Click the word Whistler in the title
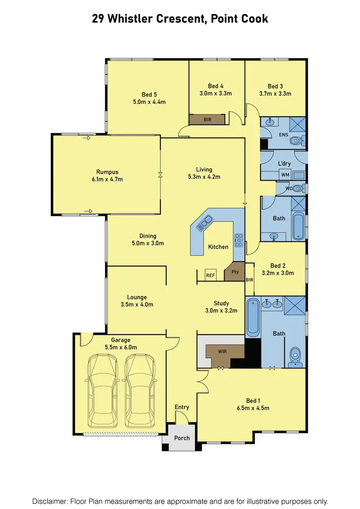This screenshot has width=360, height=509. [x=135, y=19]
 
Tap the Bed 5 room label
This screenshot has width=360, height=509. [x=149, y=95]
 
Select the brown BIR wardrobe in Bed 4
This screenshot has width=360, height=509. [x=207, y=119]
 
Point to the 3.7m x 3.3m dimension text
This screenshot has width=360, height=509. [x=275, y=94]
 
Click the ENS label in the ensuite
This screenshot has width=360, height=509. [x=283, y=135]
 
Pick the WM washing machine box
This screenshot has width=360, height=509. [x=285, y=174]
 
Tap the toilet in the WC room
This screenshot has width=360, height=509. [x=298, y=188]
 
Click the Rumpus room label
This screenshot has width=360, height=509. [x=107, y=172]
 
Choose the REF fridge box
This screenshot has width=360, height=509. [x=210, y=275]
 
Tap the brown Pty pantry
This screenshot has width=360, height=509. [x=235, y=272]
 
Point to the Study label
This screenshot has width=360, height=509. [x=221, y=303]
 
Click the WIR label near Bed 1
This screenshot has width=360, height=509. [x=222, y=351]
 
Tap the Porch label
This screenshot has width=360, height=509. [x=182, y=438]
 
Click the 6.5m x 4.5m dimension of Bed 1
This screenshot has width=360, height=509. [x=253, y=408]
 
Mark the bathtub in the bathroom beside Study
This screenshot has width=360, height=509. [x=253, y=318]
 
